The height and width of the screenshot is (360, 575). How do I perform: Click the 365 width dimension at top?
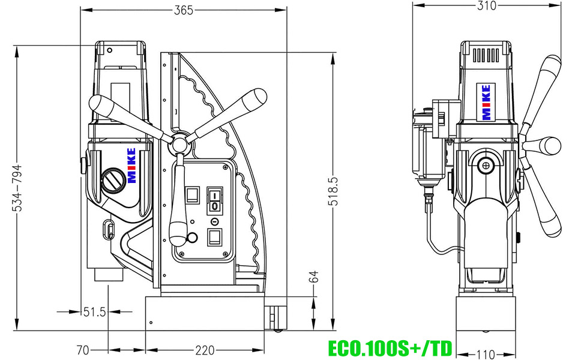pyautogui.click(x=182, y=10)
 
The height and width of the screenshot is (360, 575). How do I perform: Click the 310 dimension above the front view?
pyautogui.click(x=487, y=6)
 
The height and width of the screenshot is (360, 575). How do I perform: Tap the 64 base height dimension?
pyautogui.click(x=313, y=277)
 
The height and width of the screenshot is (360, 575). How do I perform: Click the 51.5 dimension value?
pyautogui.click(x=94, y=311)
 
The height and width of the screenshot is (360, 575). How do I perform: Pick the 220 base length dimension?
pyautogui.click(x=205, y=350)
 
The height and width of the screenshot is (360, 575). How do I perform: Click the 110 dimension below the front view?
pyautogui.click(x=486, y=353)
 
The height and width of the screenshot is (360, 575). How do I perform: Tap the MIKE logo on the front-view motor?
pyautogui.click(x=486, y=102)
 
